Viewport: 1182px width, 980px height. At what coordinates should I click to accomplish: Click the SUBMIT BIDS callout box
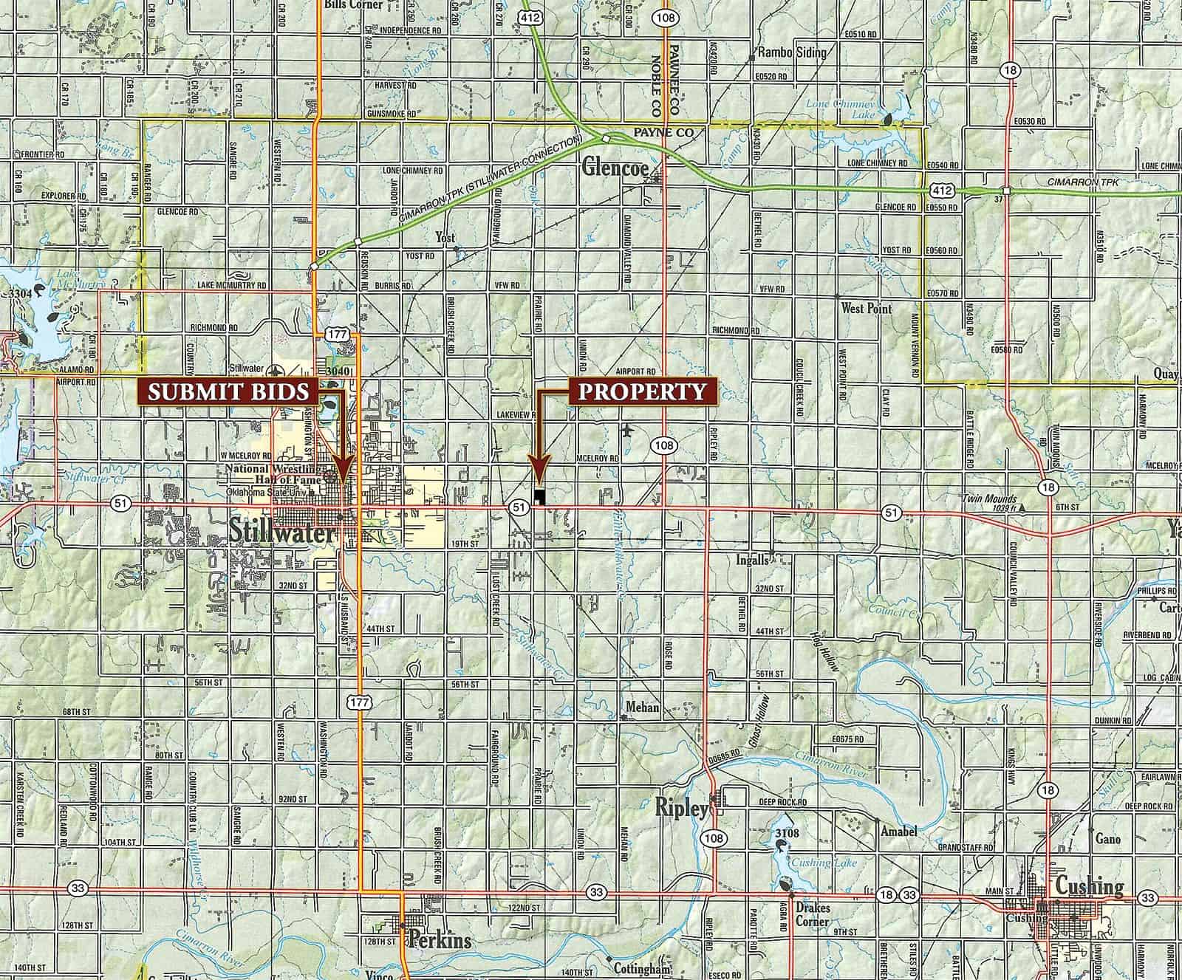click(228, 391)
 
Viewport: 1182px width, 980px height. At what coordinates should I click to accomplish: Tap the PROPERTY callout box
click(642, 391)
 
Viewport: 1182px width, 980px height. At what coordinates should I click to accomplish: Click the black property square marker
click(539, 496)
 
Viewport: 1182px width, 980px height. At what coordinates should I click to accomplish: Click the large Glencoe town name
click(615, 168)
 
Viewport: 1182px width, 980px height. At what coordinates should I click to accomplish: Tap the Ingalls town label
click(753, 560)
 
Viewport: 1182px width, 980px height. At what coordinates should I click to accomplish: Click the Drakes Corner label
click(812, 914)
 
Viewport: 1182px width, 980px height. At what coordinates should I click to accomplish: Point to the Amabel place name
click(898, 832)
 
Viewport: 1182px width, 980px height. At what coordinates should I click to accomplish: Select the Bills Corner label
click(354, 4)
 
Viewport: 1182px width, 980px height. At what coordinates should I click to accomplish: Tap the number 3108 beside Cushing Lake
click(788, 834)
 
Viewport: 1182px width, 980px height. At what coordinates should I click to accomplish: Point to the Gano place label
click(1108, 839)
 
